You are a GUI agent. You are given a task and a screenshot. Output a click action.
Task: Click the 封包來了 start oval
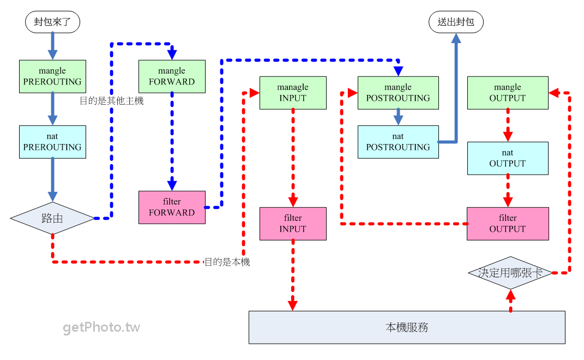point(52,22)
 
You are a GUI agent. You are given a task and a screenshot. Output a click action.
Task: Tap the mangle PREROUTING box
point(52,76)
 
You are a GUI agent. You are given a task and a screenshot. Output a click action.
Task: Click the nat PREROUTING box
point(52,142)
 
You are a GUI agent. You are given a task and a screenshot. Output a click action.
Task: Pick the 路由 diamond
point(52,218)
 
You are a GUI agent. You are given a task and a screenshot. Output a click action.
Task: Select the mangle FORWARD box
point(172,76)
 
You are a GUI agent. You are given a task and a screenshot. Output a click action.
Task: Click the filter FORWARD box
point(172,207)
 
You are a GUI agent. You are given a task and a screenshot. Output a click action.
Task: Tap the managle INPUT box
point(293,93)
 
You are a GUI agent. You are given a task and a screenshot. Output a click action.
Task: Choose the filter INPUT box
point(293,224)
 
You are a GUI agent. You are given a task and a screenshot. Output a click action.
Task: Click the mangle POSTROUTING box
point(398,93)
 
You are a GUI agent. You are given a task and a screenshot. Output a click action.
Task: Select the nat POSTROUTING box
point(398,142)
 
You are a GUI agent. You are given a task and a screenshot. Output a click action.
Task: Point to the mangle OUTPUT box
point(508,93)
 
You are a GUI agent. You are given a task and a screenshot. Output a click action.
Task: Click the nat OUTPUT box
point(508,158)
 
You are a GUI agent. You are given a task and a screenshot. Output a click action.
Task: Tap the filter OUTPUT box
point(508,224)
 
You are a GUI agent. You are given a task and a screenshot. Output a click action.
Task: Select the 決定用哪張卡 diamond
point(510,273)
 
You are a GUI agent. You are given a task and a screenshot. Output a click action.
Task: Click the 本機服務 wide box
point(407,327)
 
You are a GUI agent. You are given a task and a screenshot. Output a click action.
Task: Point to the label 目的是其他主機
point(112,101)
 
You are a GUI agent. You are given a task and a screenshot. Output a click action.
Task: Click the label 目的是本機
point(227,262)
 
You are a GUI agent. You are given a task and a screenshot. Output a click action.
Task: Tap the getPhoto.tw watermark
point(101,327)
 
